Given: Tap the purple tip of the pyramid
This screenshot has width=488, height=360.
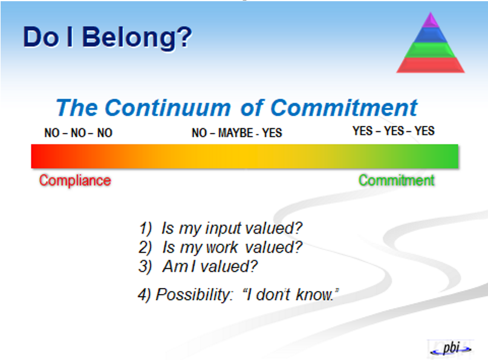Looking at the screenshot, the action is [431, 19].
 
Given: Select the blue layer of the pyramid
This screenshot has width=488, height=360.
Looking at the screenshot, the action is [431, 35].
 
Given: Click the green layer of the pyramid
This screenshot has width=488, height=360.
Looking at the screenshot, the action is [431, 50].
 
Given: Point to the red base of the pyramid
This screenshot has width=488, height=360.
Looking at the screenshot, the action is [431, 65].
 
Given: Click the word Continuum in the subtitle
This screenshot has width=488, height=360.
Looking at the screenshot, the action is [168, 108].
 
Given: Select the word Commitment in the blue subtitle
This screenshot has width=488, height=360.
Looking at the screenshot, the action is [343, 108].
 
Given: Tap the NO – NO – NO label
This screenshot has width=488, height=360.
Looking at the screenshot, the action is [78, 133].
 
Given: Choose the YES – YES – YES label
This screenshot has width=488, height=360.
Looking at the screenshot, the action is [394, 131].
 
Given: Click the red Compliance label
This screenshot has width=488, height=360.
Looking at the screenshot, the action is [75, 180].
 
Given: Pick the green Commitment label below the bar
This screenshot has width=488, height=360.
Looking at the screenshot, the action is [397, 180].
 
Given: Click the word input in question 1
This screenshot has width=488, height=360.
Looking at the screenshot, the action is [224, 229].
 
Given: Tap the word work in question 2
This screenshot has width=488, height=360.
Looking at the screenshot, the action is [222, 247].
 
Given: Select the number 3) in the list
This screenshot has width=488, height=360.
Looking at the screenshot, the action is [145, 267].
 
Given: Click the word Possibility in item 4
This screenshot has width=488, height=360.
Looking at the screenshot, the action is [194, 295].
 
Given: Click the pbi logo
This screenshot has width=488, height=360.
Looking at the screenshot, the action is [451, 349].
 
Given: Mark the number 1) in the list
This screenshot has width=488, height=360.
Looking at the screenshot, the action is [145, 229].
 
